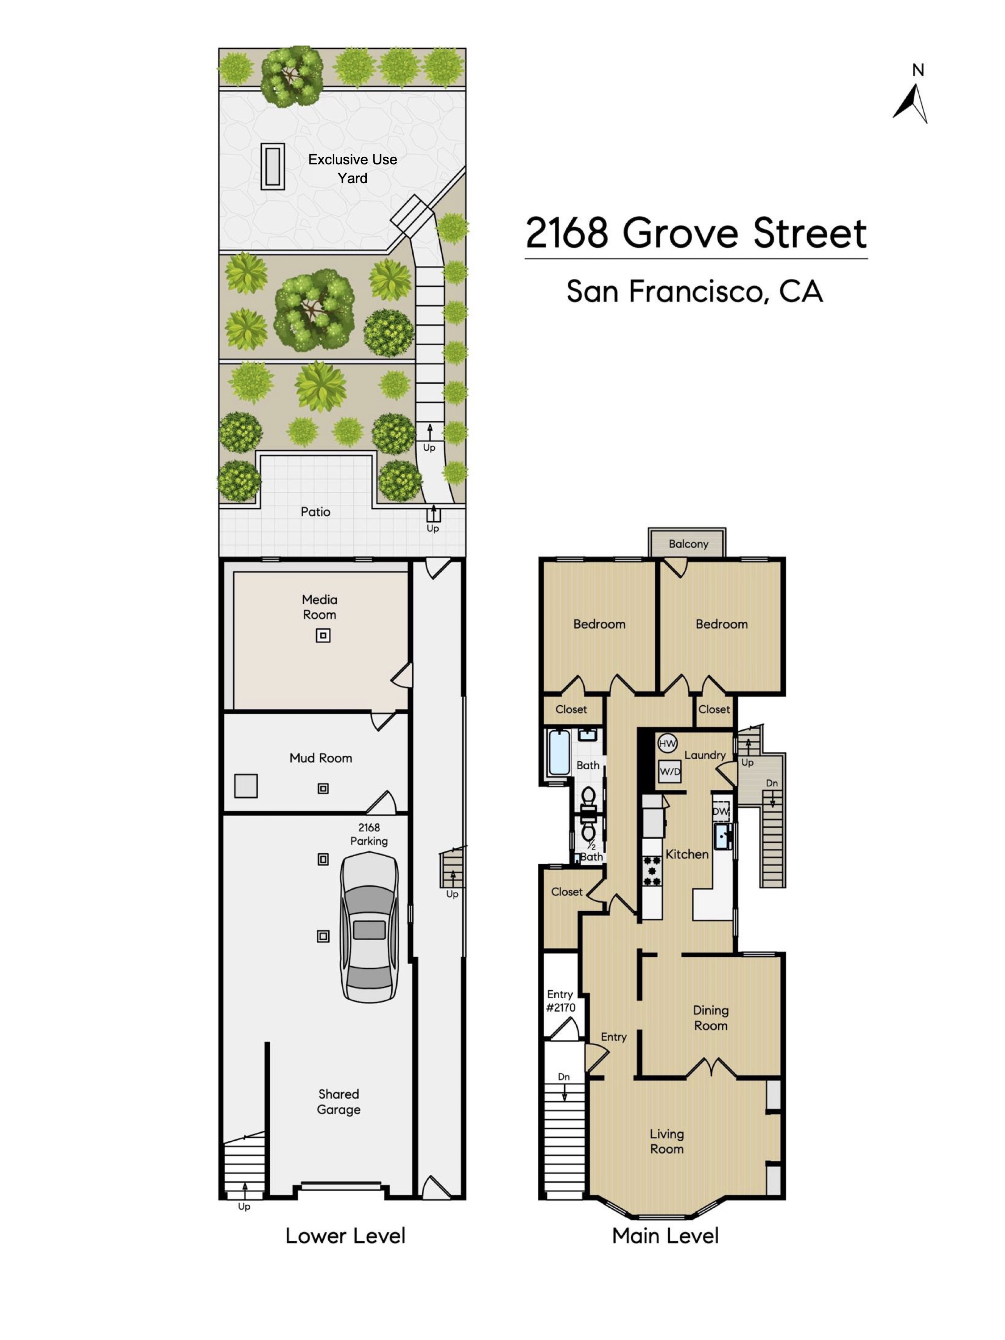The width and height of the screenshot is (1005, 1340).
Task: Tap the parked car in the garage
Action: (x=369, y=927)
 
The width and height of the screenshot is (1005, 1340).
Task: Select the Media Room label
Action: (x=319, y=607)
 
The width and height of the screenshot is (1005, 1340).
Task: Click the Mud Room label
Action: (x=320, y=758)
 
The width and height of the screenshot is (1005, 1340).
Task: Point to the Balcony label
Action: (x=688, y=544)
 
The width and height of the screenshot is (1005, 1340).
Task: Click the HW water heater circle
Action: (x=667, y=744)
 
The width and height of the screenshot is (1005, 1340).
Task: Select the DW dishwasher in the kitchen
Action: (x=721, y=811)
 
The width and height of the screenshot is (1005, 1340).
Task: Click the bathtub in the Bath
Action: (x=558, y=752)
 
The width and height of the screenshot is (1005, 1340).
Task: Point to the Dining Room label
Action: (x=711, y=1018)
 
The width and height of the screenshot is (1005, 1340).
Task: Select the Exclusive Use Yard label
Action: (x=352, y=168)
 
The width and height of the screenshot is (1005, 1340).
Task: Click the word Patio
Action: (x=316, y=512)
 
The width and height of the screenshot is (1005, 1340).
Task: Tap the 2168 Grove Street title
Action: (x=696, y=233)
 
